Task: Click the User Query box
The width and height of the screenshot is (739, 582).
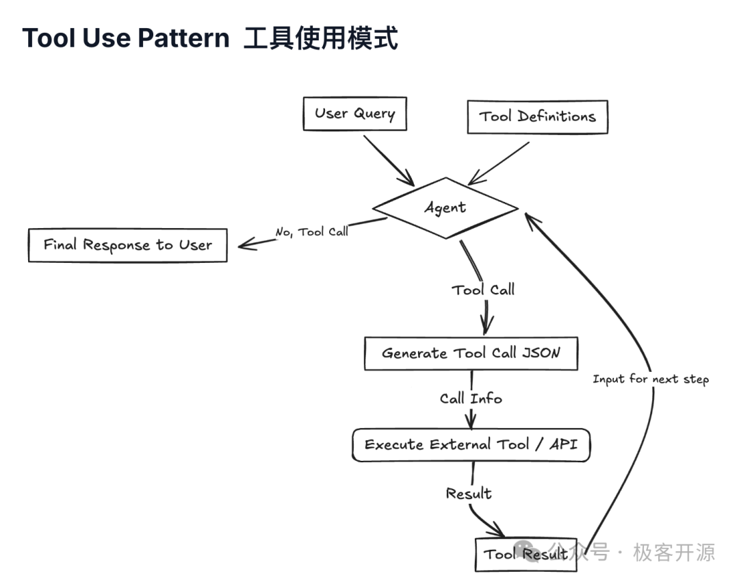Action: coord(354,114)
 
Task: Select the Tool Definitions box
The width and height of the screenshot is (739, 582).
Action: coord(537,116)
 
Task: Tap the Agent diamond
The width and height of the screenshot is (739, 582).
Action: coord(445,207)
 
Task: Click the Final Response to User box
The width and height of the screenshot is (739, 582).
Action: coord(127,245)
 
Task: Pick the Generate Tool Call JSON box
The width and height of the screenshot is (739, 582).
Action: coord(470,353)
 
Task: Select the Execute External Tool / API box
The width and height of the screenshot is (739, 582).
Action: coord(471,445)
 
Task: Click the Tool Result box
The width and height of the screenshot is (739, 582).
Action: coord(526,554)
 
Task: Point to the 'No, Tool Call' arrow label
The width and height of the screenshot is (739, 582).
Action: coord(311,231)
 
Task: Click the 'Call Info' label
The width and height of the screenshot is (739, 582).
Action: coord(471,398)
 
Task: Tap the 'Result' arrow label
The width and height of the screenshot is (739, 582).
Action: coord(469,493)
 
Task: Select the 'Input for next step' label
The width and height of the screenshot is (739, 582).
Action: coord(650,379)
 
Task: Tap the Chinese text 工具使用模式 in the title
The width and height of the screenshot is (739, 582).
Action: coord(321,38)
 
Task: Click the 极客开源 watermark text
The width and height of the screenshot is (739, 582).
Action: coord(674,552)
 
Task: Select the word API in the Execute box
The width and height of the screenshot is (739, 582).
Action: coord(563,444)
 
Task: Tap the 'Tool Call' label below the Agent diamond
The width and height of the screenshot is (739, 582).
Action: coord(483,290)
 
